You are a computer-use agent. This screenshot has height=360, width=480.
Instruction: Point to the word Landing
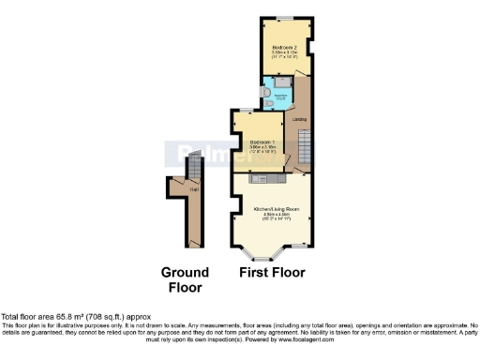coord(301,120)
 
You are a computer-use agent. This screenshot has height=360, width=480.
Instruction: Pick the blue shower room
coord(279,92)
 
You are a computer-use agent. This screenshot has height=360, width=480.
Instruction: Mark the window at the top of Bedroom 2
coord(282,18)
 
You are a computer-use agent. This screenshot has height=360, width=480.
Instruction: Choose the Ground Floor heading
coord(185,279)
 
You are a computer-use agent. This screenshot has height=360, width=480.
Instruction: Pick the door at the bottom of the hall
coord(194,243)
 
